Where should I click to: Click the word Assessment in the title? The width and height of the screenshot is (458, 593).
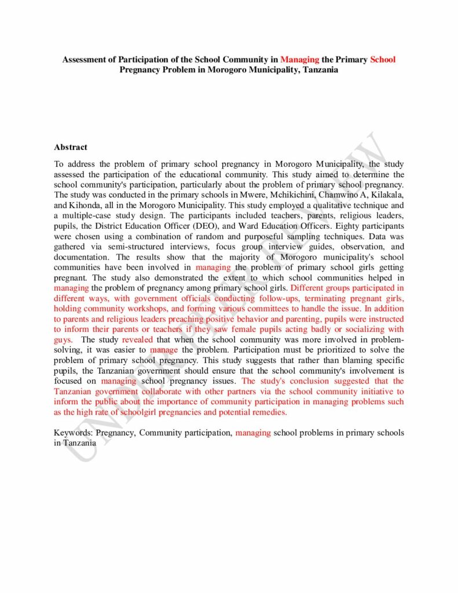pyautogui.click(x=86, y=60)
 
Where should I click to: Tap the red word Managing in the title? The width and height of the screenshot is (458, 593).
pyautogui.click(x=300, y=60)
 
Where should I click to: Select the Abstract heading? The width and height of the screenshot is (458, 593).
pyautogui.click(x=71, y=147)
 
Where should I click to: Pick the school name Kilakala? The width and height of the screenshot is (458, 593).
pyautogui.click(x=388, y=194)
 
